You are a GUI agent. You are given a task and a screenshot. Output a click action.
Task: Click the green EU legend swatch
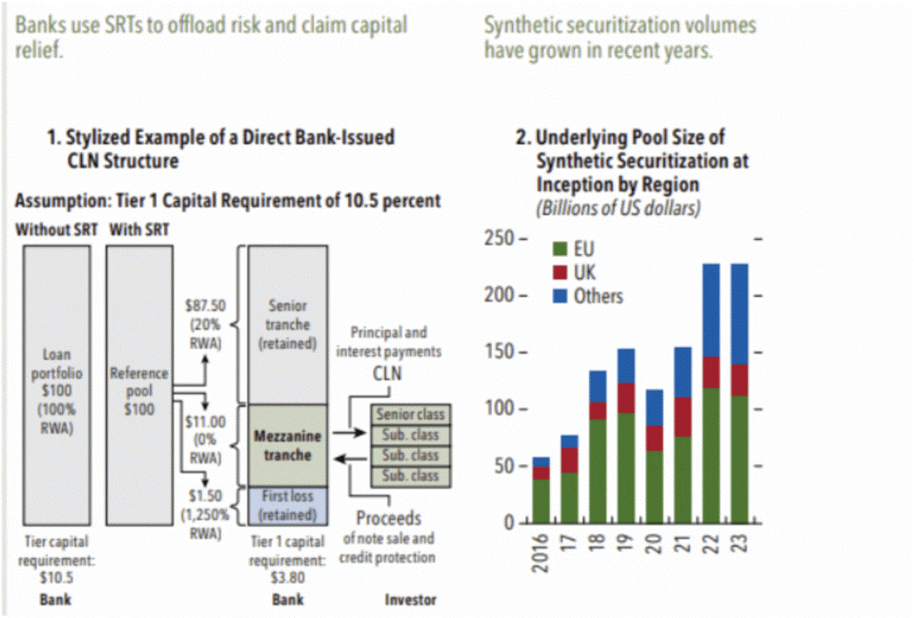click(558, 250)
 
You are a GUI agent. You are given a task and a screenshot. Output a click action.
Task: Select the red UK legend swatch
click(558, 273)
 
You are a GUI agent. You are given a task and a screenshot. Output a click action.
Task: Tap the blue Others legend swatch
click(558, 296)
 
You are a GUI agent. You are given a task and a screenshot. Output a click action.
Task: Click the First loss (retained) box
click(287, 505)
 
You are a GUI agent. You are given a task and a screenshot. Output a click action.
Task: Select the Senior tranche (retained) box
click(287, 324)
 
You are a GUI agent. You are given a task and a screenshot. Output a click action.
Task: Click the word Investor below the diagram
click(411, 600)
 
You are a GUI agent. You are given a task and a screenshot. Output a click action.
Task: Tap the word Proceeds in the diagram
click(389, 518)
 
